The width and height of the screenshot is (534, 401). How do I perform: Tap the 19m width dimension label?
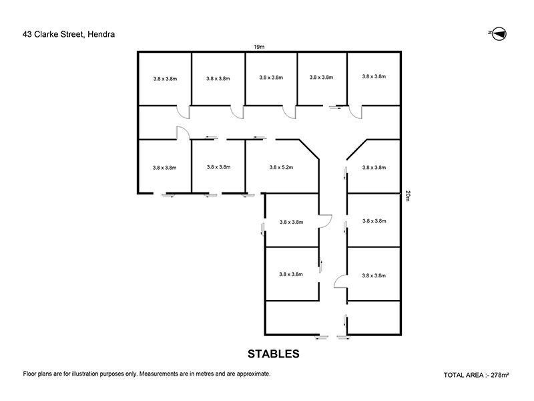click(x=259, y=46)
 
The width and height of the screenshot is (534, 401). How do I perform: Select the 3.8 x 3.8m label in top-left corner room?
click(x=164, y=79)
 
